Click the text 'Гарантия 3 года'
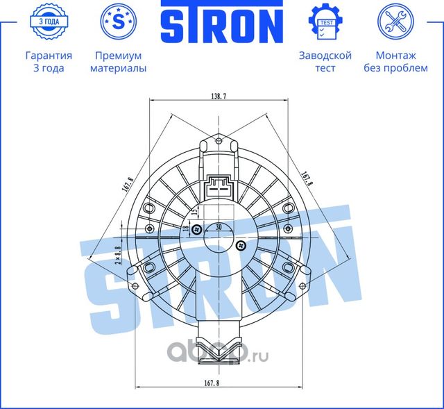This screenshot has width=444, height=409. (x=48, y=62)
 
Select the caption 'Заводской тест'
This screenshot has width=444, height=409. (x=325, y=62)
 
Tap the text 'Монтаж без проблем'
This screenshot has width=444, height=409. (x=396, y=62)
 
